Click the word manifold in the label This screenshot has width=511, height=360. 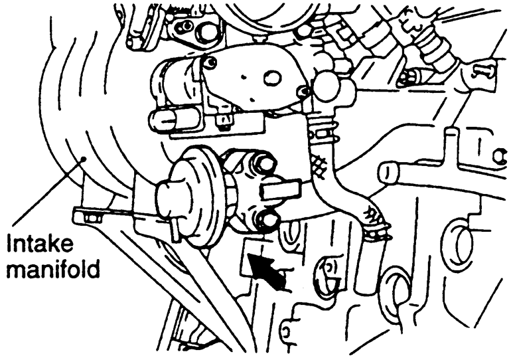pyautogui.click(x=52, y=270)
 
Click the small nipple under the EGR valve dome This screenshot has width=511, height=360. pyautogui.click(x=174, y=228)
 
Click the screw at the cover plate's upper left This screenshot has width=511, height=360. pyautogui.click(x=210, y=63)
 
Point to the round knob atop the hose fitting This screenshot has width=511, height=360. pyautogui.click(x=325, y=84)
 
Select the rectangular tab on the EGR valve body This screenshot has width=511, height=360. pyautogui.click(x=279, y=191)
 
